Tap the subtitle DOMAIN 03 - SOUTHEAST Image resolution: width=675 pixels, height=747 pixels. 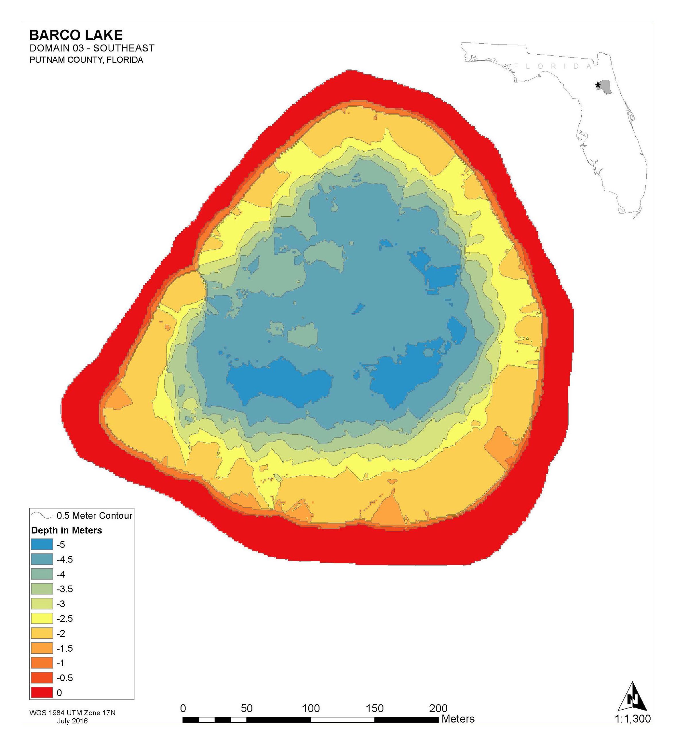coord(92,48)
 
